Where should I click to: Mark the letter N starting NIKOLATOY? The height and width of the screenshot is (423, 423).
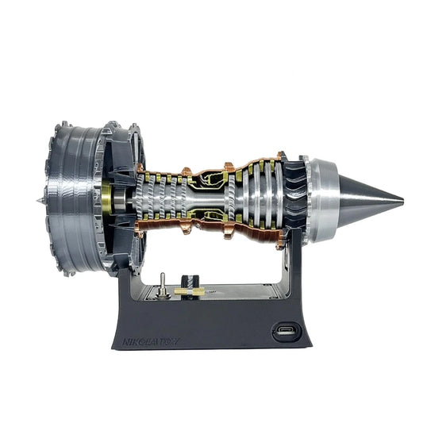click(x=126, y=342)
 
